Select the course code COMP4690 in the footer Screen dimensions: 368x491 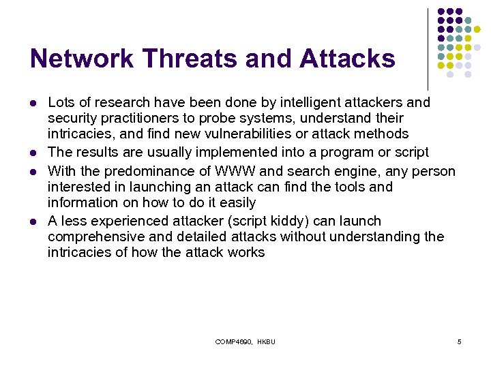coord(234,341)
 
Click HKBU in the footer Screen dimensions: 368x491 coord(267,341)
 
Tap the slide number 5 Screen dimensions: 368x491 coord(460,341)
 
